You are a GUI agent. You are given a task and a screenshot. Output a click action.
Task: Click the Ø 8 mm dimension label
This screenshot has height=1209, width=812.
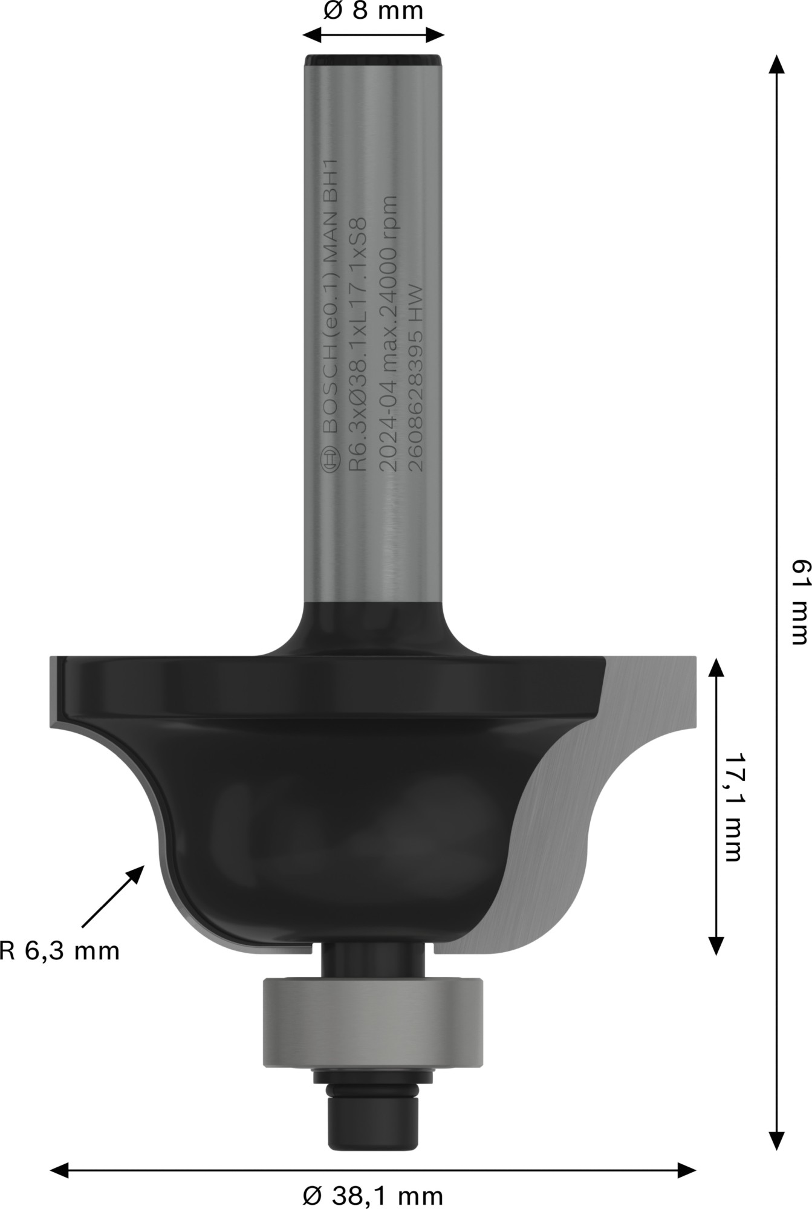(373, 11)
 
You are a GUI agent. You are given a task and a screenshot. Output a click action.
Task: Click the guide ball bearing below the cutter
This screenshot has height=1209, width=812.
(372, 1022)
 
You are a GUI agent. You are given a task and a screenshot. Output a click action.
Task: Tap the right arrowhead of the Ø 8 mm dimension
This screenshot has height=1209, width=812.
(437, 34)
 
